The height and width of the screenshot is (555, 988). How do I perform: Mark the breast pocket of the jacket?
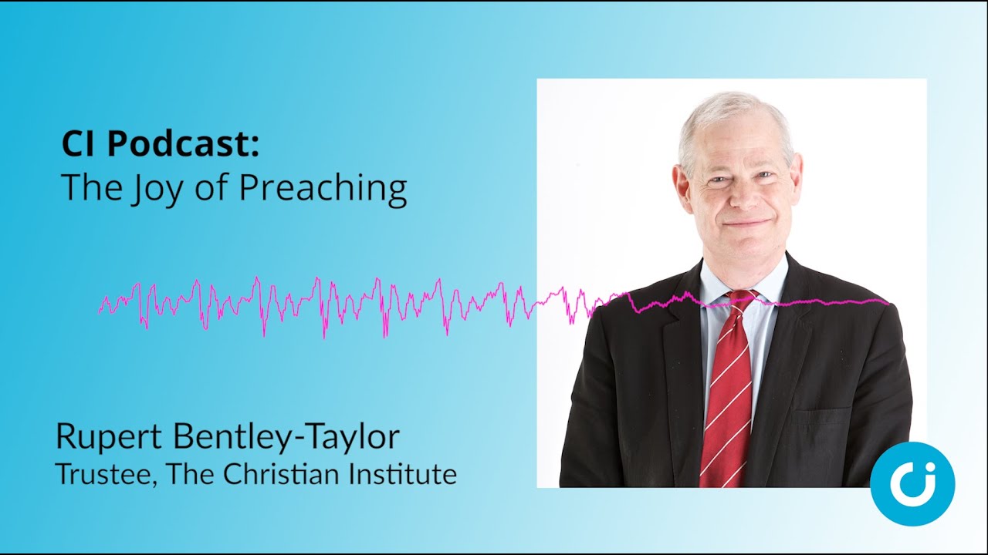826,416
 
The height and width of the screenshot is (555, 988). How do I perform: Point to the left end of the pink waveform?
100,311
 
